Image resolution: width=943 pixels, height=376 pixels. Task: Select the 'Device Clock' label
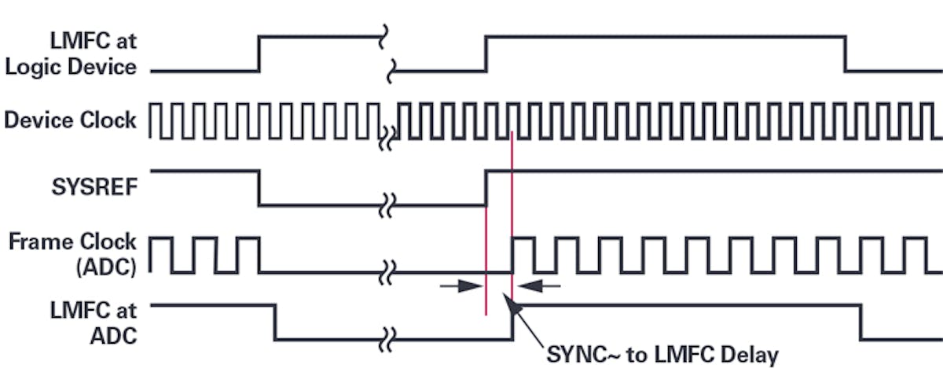coord(71,121)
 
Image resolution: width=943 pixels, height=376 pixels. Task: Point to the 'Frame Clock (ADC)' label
coord(72,253)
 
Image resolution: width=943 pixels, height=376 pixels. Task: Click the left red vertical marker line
coord(486,260)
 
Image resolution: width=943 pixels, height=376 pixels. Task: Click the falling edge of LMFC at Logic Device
coord(846,53)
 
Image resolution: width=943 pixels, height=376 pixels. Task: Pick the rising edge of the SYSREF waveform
coord(486,187)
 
